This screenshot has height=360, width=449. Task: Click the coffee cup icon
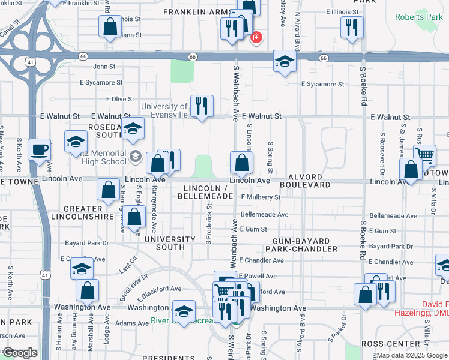[x=40, y=149]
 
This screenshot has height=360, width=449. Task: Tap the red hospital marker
[x=256, y=38]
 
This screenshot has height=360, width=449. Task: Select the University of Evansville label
[x=164, y=107]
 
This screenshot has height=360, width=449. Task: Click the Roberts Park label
[x=418, y=17]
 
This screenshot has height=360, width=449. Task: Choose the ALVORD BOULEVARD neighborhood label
[x=309, y=181]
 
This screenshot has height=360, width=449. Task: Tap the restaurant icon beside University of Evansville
[x=202, y=106]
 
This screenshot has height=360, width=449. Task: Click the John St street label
[x=104, y=67]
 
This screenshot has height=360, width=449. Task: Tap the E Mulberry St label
[x=260, y=197]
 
